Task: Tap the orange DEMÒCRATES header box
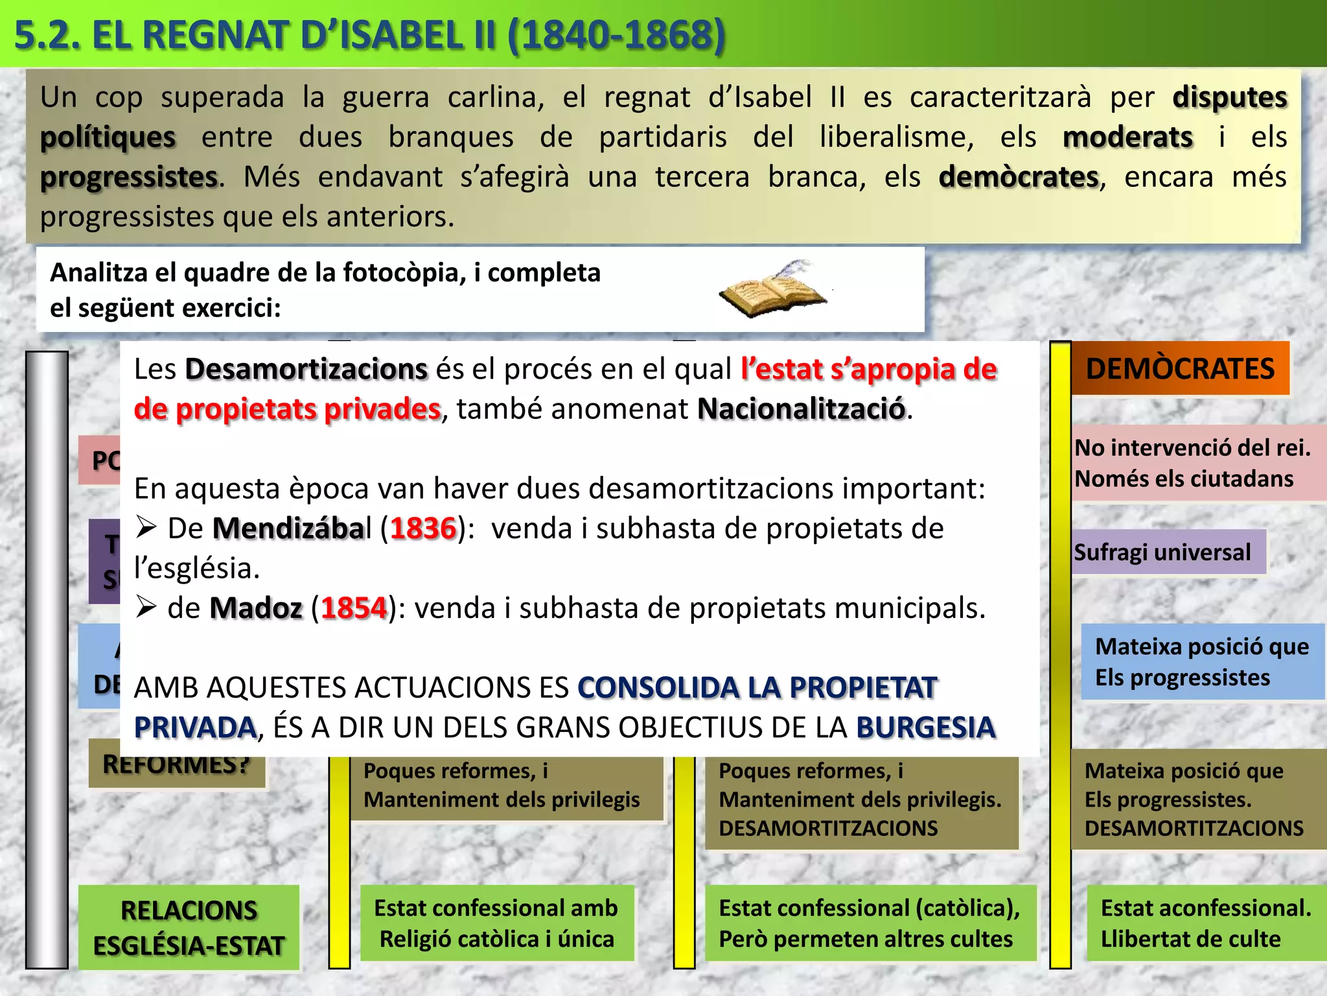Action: click(x=1179, y=368)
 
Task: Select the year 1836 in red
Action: click(x=424, y=528)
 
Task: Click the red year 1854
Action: click(x=354, y=608)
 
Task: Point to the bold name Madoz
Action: click(x=256, y=608)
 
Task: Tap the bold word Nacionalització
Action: click(x=801, y=409)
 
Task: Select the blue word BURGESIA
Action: click(x=925, y=728)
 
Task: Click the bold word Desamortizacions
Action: click(x=306, y=369)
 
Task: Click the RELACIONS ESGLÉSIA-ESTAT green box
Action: click(x=189, y=928)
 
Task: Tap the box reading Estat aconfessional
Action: click(x=1205, y=923)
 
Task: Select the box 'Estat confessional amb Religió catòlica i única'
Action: click(x=496, y=923)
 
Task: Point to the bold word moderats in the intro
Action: click(x=1127, y=137)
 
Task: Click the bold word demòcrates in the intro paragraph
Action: click(x=1019, y=177)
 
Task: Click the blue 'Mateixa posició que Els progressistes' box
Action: click(x=1202, y=661)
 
